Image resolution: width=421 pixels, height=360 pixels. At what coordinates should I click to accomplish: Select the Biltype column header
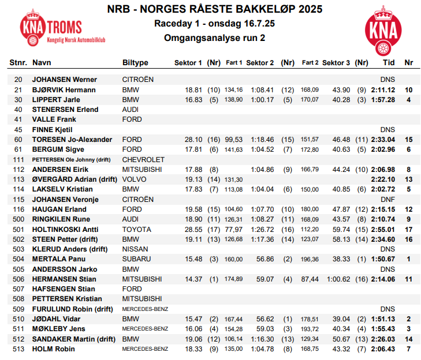coord(135,62)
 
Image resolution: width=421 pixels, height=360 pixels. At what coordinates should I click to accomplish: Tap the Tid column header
coord(389,62)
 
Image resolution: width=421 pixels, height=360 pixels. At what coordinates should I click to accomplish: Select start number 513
coord(18,349)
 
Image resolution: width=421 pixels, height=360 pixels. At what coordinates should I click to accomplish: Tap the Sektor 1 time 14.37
coord(193,279)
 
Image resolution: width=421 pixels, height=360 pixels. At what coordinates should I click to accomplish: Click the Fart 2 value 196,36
coord(310,259)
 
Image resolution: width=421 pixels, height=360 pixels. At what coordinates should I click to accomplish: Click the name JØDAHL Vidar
coord(57,319)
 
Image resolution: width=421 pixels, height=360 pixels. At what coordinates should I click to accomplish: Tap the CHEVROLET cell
coord(143,159)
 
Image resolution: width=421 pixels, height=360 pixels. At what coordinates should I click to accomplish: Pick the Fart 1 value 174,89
coord(234,279)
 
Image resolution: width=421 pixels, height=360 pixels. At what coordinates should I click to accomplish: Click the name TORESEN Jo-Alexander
coord(72,140)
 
